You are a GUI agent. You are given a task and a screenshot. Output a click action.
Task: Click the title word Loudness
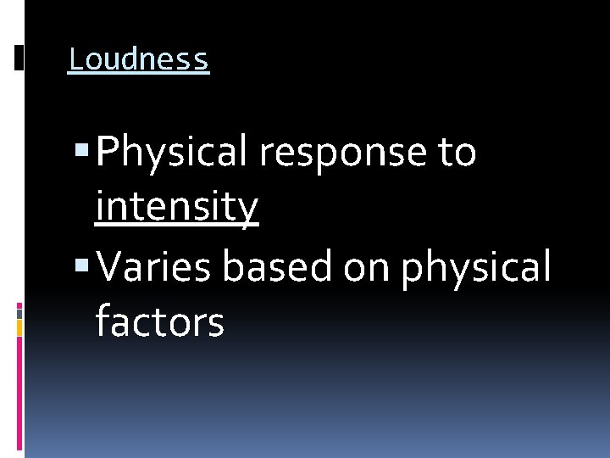click(138, 59)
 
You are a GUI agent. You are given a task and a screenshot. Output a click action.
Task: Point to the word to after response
click(457, 154)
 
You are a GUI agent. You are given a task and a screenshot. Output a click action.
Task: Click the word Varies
click(156, 267)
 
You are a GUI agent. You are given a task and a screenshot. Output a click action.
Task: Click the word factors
click(159, 322)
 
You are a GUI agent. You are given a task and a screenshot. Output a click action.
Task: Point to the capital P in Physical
click(108, 154)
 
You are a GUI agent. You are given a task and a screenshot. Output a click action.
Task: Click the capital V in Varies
click(110, 267)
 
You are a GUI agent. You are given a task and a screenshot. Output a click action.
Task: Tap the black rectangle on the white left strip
click(19, 58)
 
